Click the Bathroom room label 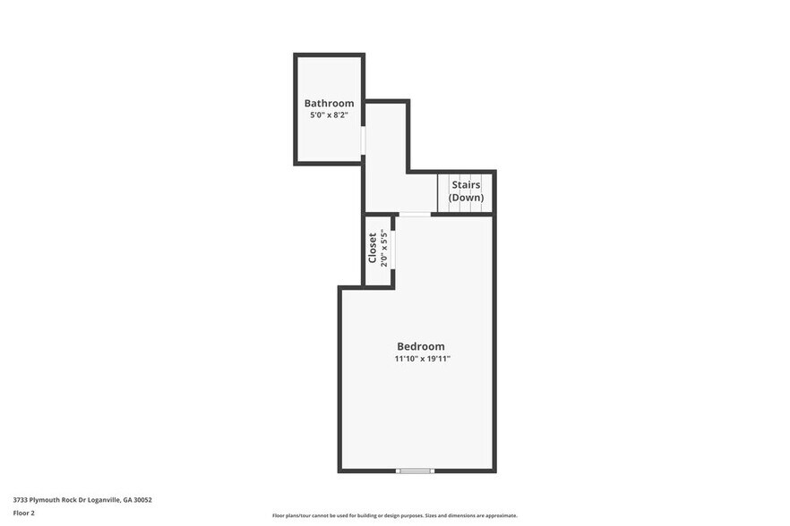(329, 103)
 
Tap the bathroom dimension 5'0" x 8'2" (329, 115)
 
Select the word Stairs (466, 185)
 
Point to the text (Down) (466, 198)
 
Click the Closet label (373, 248)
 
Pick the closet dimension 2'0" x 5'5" (384, 248)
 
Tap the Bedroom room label (420, 346)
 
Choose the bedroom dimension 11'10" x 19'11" (422, 359)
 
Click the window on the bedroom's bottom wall (416, 471)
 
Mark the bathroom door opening (363, 140)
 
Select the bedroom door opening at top (414, 214)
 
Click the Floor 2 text (23, 513)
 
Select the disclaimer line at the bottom (394, 516)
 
